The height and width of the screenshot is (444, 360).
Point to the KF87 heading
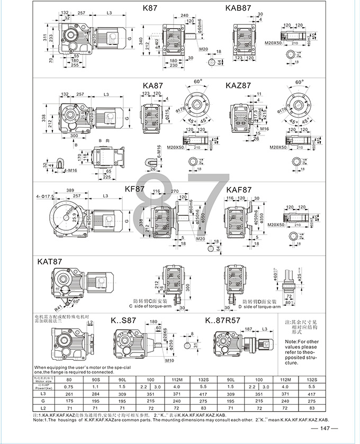(x=135, y=188)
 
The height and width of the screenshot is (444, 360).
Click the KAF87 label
(x=239, y=188)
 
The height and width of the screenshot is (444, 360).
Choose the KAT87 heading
(x=50, y=261)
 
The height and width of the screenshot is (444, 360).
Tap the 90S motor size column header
(x=96, y=379)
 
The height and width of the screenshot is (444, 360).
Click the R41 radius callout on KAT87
(x=57, y=306)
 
